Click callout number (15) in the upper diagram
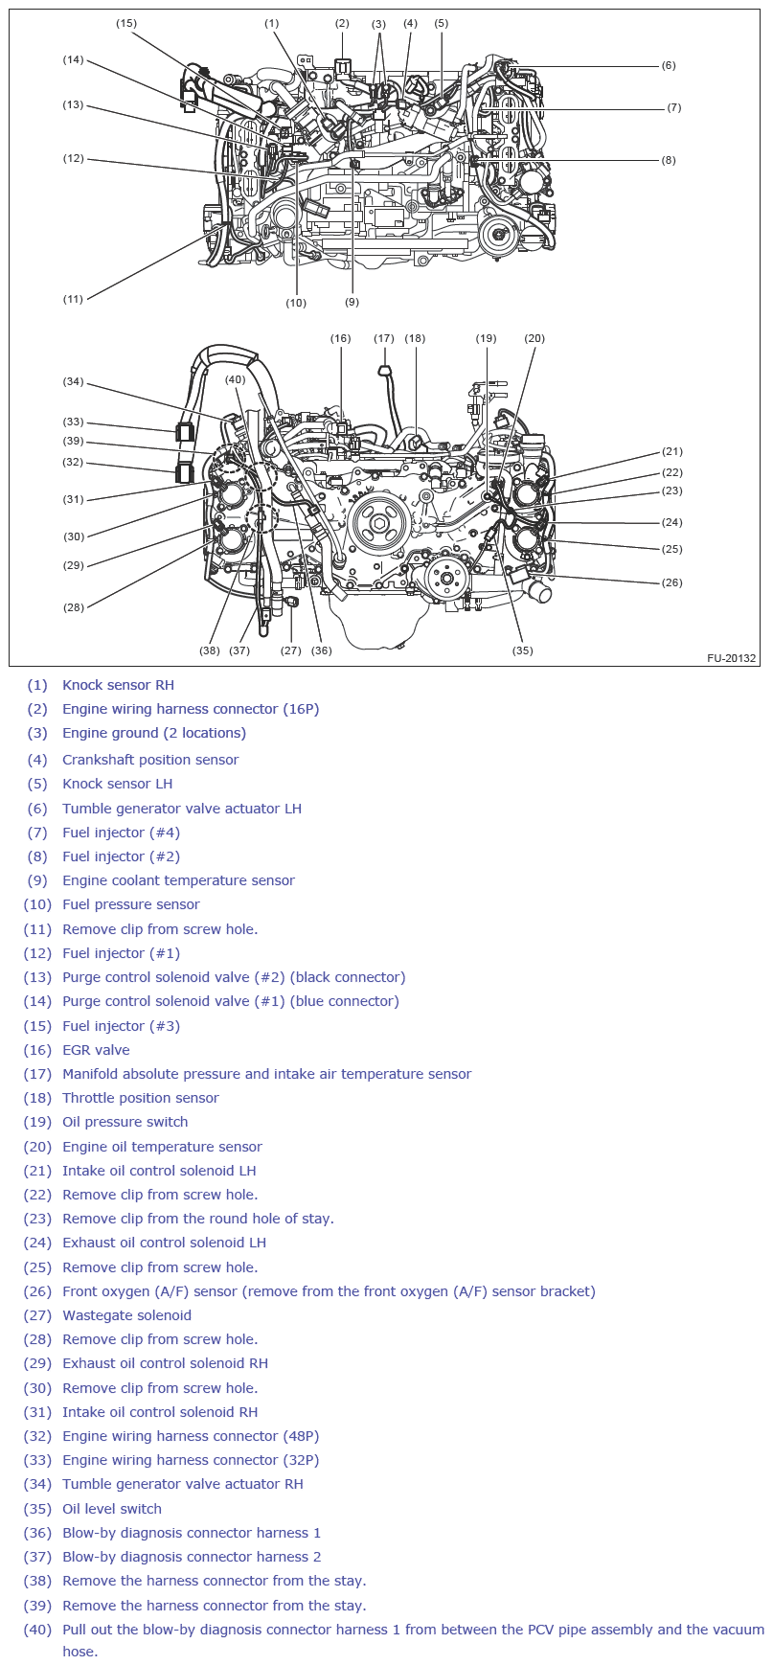click(126, 23)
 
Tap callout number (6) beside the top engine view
click(669, 66)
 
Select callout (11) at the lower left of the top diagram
click(73, 299)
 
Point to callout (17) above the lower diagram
click(384, 338)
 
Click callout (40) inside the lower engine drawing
click(236, 380)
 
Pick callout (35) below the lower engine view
click(522, 650)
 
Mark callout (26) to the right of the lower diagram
click(672, 582)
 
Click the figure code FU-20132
click(732, 658)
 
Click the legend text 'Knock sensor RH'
click(118, 685)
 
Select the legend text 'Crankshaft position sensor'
click(150, 760)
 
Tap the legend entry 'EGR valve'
click(96, 1050)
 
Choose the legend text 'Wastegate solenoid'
click(126, 1315)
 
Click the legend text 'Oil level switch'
click(112, 1509)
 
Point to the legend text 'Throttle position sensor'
click(141, 1098)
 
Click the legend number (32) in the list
click(37, 1436)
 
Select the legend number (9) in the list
click(37, 880)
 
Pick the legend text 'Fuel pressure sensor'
click(131, 904)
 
